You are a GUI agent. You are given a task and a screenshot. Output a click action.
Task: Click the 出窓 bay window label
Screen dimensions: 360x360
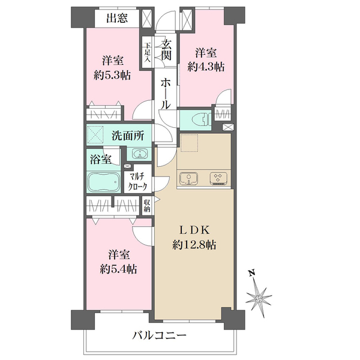point(117,18)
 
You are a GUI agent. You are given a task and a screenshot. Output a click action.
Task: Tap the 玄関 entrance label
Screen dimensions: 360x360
point(166,50)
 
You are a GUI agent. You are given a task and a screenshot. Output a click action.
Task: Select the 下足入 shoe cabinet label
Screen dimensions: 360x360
point(147,52)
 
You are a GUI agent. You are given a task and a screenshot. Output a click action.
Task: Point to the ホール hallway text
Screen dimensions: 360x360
point(166,94)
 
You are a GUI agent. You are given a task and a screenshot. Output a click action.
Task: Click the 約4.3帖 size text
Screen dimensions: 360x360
point(206,67)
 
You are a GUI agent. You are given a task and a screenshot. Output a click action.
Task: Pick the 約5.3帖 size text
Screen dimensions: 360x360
point(112,75)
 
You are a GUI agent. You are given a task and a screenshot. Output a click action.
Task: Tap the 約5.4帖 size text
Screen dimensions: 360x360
point(118,269)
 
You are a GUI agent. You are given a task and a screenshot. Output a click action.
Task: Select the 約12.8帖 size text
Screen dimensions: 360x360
point(194,245)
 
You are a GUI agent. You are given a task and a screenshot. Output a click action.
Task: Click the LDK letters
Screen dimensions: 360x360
point(194,230)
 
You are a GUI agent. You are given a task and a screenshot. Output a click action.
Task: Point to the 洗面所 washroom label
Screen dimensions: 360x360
point(128,136)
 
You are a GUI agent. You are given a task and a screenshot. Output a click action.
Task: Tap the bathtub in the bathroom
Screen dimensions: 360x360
point(104,182)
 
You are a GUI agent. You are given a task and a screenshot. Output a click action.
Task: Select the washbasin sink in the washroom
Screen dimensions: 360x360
point(139,154)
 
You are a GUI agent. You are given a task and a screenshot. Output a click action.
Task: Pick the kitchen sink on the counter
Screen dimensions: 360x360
point(189,178)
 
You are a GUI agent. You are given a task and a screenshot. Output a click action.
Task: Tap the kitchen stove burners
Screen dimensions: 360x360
point(218,178)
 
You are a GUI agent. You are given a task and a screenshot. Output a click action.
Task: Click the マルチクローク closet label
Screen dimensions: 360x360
point(137,182)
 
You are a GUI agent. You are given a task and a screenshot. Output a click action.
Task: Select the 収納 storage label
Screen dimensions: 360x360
point(147,206)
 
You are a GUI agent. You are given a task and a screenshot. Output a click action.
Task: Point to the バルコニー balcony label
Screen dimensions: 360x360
point(159,336)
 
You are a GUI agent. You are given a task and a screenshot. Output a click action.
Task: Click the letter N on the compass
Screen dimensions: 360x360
point(252,273)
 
